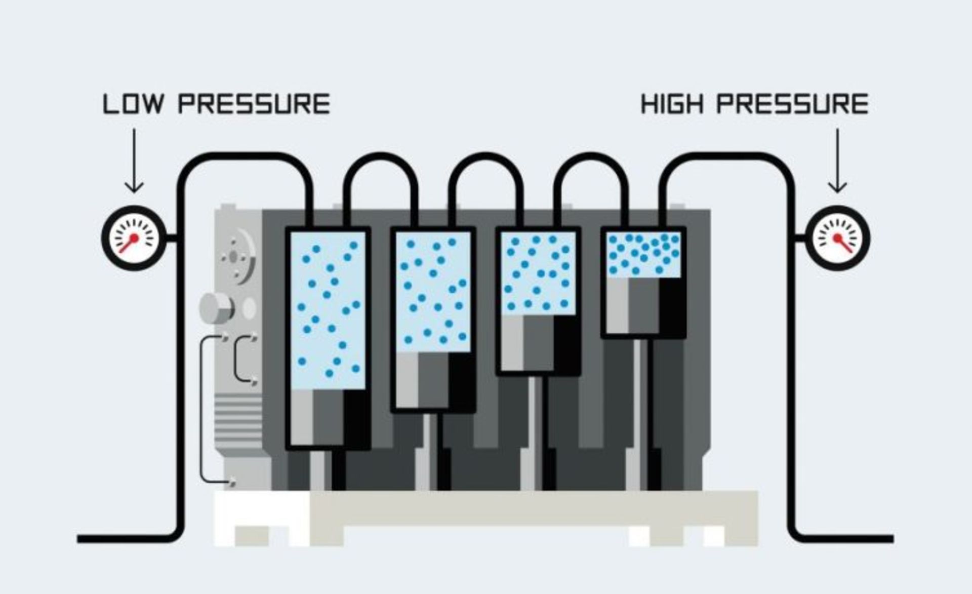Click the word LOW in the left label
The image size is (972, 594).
click(x=134, y=104)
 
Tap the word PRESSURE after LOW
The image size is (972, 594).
click(x=254, y=104)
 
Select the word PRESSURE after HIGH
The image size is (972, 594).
click(x=792, y=104)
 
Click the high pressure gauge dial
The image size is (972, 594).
click(x=838, y=237)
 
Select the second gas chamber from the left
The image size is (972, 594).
click(x=433, y=291)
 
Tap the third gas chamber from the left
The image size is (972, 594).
click(x=538, y=273)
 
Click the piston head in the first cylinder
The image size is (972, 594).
click(x=328, y=418)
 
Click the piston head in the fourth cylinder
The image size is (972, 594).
click(x=643, y=306)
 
